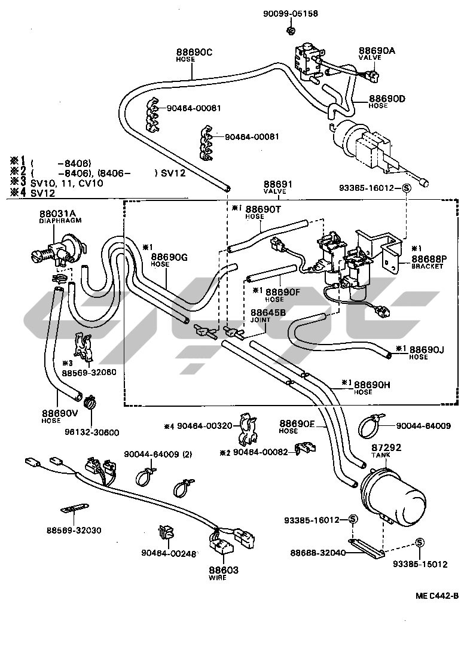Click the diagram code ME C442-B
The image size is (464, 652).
(x=437, y=596)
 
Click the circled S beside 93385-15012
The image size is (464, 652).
(x=419, y=542)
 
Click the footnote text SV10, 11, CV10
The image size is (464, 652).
(x=62, y=183)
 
